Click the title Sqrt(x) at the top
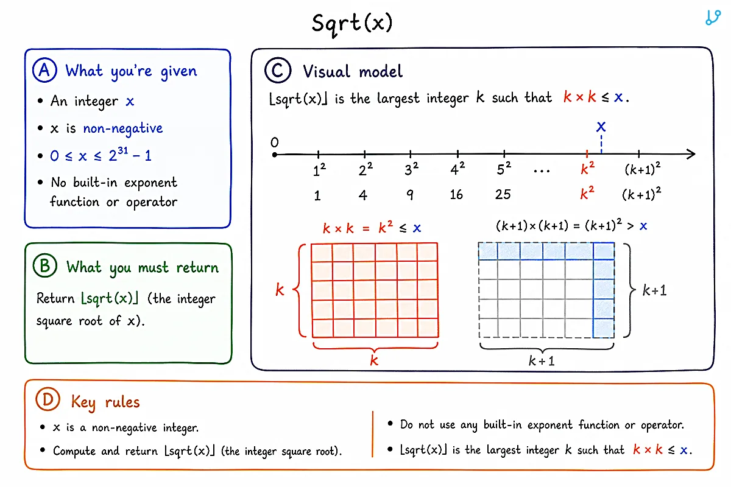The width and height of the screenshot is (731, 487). (x=352, y=24)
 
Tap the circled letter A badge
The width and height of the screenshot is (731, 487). (x=44, y=70)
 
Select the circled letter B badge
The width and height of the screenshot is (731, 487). (x=45, y=265)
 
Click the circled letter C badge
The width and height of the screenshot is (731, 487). (x=278, y=70)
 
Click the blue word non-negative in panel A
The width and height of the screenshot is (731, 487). (x=122, y=128)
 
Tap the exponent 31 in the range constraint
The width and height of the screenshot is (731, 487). (x=122, y=150)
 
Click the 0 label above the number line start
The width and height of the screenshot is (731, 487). (x=275, y=142)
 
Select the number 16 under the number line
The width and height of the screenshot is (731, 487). (x=456, y=195)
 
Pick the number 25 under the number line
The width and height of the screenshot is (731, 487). (x=503, y=194)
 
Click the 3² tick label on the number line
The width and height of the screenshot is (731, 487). (x=412, y=169)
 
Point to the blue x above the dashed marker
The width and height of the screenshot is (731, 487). (x=601, y=127)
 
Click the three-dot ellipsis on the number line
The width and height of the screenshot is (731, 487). (x=542, y=170)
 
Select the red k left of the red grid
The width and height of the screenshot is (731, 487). (x=280, y=290)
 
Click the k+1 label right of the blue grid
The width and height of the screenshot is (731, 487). (x=654, y=290)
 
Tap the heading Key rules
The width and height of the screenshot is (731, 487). (x=105, y=402)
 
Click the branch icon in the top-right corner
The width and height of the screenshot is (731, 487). (x=713, y=17)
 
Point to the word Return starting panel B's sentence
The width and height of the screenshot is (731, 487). (x=55, y=298)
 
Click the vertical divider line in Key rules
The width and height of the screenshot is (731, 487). (x=372, y=434)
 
